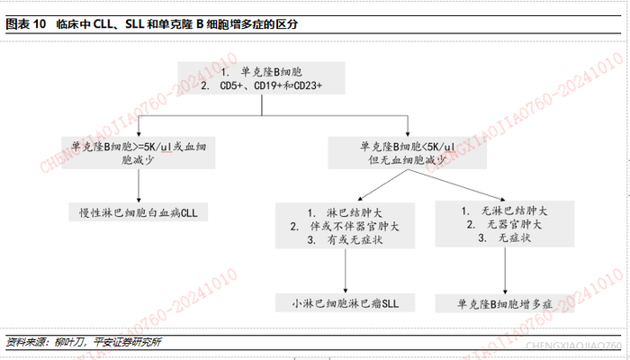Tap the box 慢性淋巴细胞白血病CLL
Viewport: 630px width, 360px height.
tap(138, 212)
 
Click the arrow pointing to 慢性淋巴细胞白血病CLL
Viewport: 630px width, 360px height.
tap(139, 187)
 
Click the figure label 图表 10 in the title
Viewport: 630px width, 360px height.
tap(25, 24)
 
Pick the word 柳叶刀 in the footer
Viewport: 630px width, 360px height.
tap(70, 342)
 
